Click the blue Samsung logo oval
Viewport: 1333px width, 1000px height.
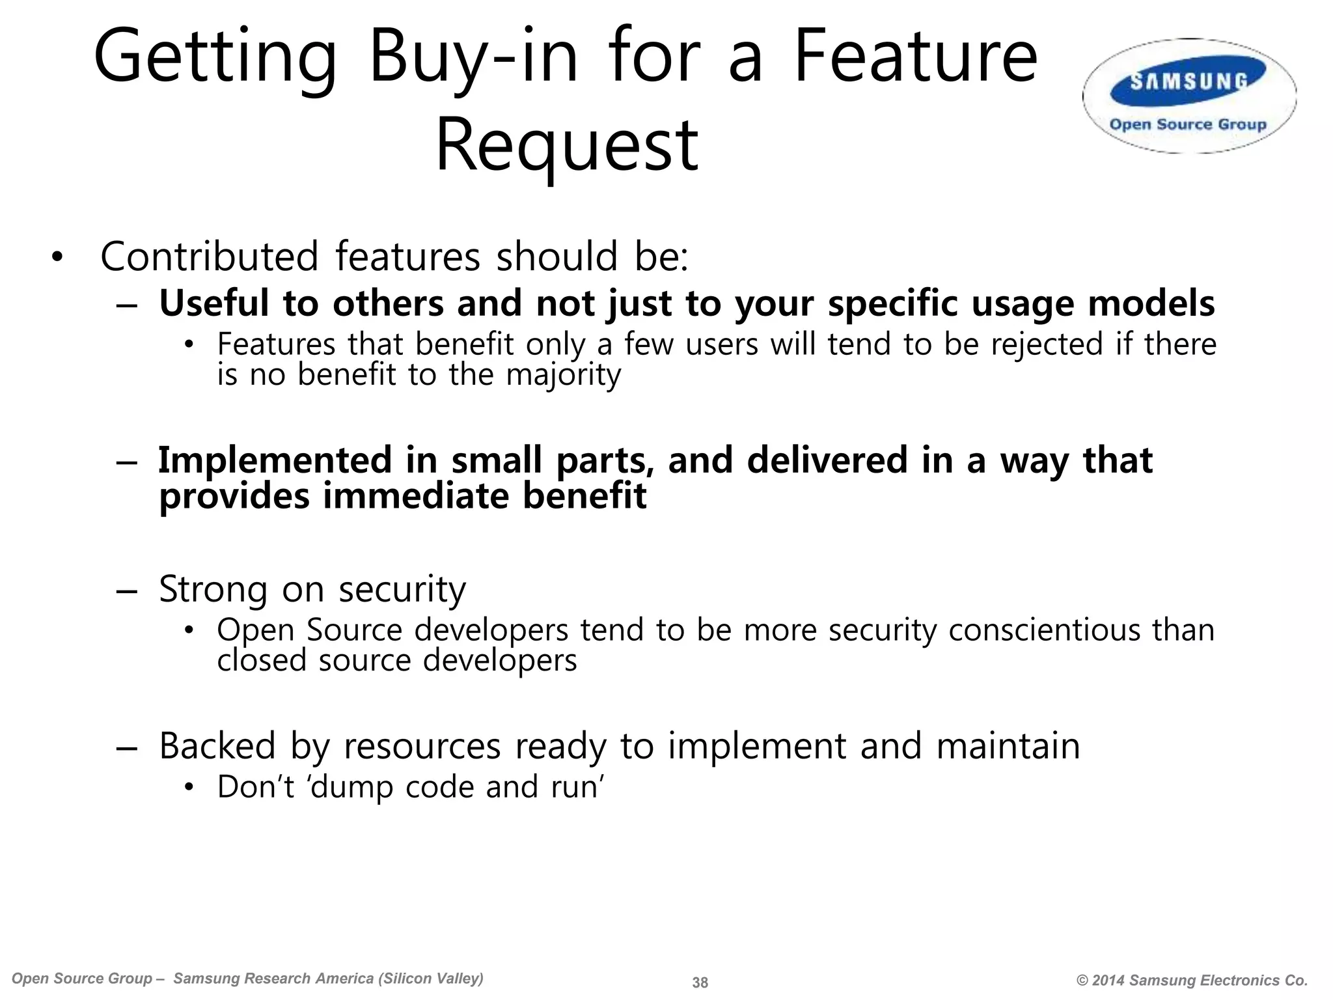click(1189, 82)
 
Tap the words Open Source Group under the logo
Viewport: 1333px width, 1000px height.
click(1188, 124)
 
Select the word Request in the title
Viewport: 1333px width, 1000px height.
click(566, 145)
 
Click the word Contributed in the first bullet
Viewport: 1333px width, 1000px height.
click(210, 257)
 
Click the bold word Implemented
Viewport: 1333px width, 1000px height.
click(273, 460)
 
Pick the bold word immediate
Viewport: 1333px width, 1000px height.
click(415, 496)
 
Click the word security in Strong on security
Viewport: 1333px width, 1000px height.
click(402, 589)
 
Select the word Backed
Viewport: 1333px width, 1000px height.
click(217, 746)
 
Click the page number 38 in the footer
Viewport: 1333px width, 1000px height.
click(700, 982)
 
